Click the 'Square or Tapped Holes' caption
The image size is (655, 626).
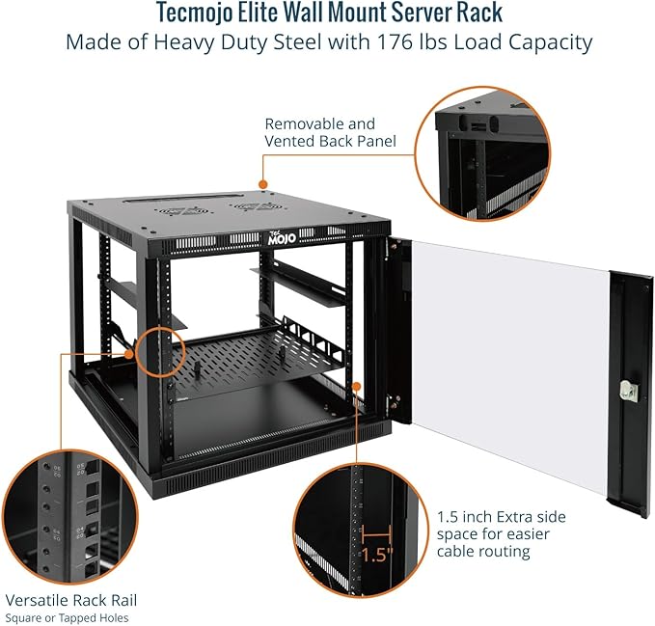(67, 617)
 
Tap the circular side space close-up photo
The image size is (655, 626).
(361, 542)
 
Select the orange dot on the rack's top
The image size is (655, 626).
(261, 183)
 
